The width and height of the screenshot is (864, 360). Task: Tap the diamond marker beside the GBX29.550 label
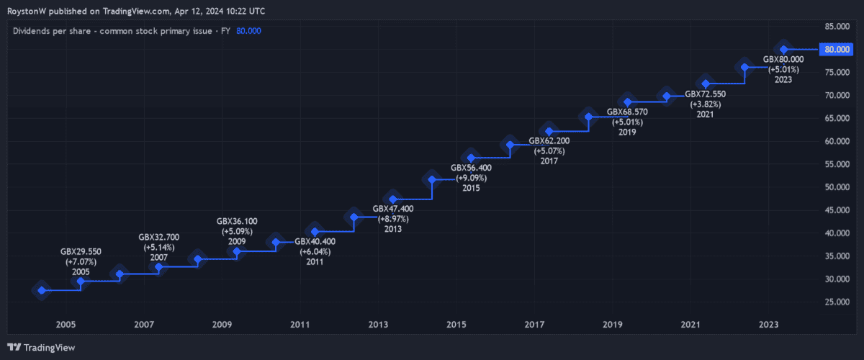point(81,282)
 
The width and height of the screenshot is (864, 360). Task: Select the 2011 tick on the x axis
point(300,325)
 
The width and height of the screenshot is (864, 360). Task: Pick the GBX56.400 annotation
point(471,168)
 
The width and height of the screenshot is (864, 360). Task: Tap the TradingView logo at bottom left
point(42,347)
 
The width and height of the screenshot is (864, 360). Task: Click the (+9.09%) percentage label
point(471,178)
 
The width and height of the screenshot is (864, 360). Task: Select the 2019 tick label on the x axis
point(612,325)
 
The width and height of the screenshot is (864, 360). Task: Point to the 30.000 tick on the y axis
point(838,279)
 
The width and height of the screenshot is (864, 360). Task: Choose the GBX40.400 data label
point(315,242)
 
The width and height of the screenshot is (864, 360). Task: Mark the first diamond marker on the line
point(42,290)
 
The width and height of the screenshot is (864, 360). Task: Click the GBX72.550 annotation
point(705,94)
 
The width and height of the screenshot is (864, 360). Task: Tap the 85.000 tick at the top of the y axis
point(838,27)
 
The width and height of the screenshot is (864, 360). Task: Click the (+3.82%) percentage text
point(705,104)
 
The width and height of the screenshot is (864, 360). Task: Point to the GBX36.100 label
point(237,222)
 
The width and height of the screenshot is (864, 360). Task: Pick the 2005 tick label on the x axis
point(66,325)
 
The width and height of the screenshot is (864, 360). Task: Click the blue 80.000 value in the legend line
point(248,31)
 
